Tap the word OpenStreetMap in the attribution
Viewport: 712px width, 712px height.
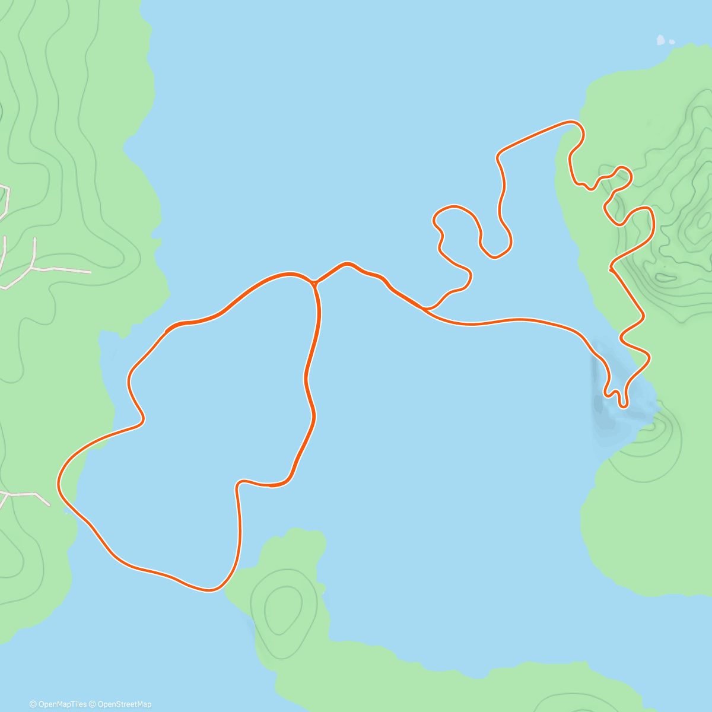(125, 704)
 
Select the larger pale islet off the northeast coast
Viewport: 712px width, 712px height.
(660, 40)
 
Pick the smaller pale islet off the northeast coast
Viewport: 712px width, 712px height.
(672, 42)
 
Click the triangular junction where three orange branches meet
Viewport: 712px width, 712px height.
(314, 284)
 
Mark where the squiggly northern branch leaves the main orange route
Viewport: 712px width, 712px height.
(424, 309)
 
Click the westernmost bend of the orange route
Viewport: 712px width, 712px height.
(59, 484)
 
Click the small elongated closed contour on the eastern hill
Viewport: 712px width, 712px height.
(665, 277)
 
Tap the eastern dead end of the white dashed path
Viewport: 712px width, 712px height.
(90, 272)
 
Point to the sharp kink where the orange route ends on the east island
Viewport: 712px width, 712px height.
(611, 269)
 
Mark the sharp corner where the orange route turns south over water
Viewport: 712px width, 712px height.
(497, 155)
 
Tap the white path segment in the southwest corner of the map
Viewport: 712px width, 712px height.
(27, 495)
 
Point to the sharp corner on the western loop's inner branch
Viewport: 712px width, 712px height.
(239, 484)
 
